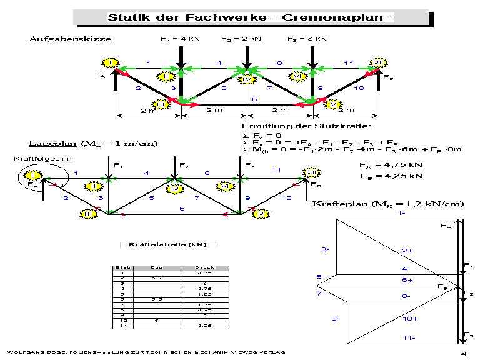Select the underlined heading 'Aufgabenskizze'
(69, 39)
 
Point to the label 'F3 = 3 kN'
(307, 39)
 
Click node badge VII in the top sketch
(379, 62)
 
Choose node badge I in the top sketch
(111, 63)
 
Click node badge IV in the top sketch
(248, 79)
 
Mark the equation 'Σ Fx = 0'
(262, 136)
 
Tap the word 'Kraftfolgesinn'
(34, 159)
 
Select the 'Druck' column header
(204, 267)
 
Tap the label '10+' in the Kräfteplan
(410, 319)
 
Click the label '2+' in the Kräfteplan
(407, 250)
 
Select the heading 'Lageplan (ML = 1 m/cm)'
(93, 143)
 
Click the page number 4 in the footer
(464, 354)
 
